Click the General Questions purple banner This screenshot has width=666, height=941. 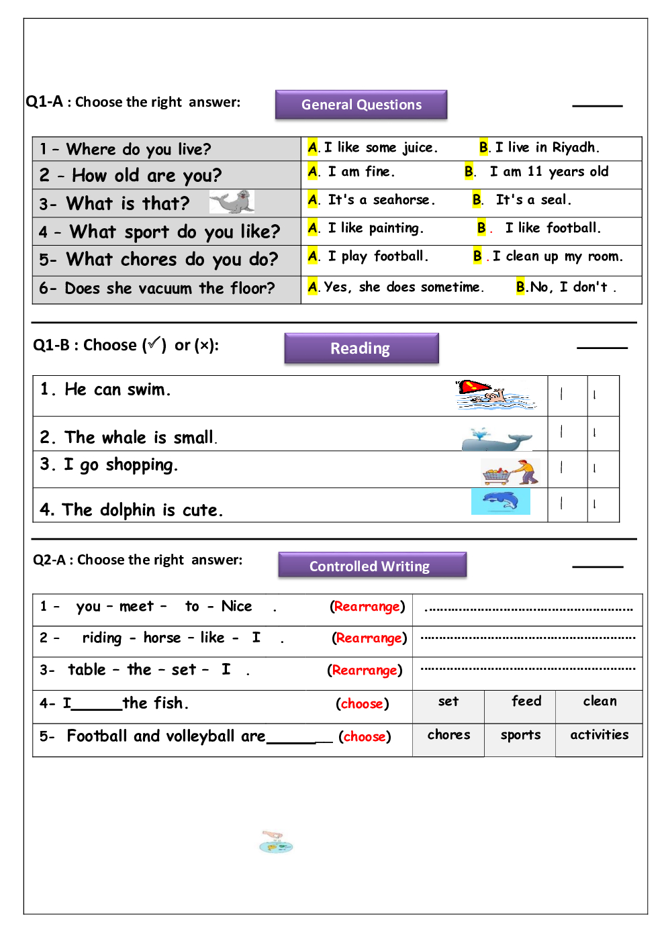tap(361, 105)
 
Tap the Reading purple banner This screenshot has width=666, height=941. tap(361, 348)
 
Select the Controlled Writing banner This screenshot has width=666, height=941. tap(372, 566)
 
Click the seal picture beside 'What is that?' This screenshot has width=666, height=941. tap(232, 201)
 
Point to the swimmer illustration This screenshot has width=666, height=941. tap(495, 395)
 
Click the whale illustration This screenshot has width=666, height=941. tap(496, 440)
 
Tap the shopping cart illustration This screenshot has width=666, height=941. tap(510, 472)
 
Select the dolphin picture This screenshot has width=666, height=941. tap(501, 501)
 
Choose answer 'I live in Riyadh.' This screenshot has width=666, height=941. tap(546, 148)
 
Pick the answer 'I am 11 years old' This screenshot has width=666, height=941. tap(549, 172)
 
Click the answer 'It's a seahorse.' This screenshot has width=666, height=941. tap(381, 200)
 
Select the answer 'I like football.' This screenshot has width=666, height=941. tap(553, 228)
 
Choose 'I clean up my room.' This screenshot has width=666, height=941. tap(557, 256)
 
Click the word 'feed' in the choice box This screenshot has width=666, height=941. tap(526, 701)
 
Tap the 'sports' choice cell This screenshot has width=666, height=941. tap(520, 735)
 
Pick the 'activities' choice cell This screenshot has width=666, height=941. tap(600, 735)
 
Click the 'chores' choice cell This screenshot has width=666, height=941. tap(448, 735)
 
